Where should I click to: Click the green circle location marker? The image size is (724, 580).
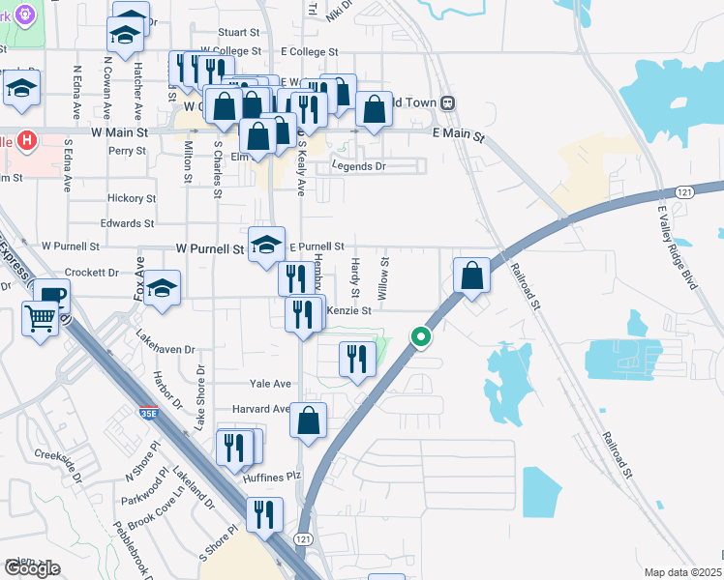[420, 337]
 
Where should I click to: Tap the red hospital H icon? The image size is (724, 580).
[27, 140]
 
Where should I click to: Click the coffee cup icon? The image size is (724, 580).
[50, 295]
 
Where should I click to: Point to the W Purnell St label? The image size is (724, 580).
[209, 248]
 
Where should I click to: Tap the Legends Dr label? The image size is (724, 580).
[358, 166]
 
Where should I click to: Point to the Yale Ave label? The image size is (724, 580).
[270, 384]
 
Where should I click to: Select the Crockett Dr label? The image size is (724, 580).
[93, 273]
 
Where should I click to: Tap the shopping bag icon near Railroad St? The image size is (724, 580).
[471, 275]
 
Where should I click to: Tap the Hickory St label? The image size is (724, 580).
[132, 198]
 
